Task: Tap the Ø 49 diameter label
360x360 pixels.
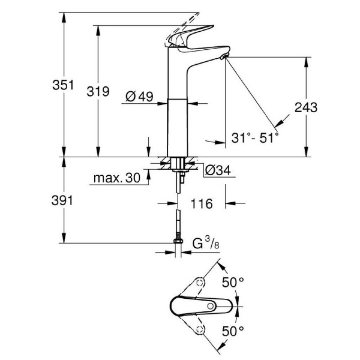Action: [139, 96]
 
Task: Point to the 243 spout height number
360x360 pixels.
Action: [306, 107]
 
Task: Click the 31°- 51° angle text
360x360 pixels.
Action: [255, 137]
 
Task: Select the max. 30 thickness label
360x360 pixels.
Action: [116, 178]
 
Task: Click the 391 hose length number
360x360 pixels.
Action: [63, 201]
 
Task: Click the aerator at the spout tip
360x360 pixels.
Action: [224, 57]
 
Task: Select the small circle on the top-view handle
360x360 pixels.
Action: [211, 306]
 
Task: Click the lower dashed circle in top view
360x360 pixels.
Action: [200, 329]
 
